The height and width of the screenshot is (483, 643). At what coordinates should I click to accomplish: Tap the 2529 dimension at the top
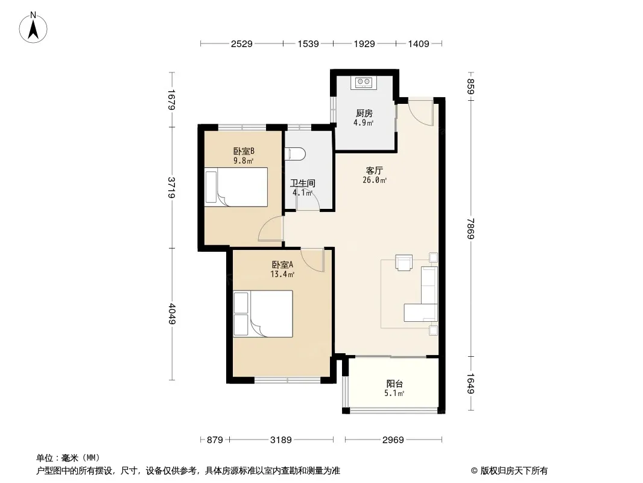[241, 44]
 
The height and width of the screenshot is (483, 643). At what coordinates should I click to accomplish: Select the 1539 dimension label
[308, 44]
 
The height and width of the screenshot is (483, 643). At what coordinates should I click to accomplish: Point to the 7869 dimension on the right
[470, 229]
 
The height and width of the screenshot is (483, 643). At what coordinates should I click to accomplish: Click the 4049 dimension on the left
[172, 314]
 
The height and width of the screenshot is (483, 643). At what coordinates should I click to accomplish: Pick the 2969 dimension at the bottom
[393, 440]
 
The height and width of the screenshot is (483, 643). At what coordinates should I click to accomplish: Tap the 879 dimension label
[215, 440]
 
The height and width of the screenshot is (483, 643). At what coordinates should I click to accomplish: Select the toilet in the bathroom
[295, 154]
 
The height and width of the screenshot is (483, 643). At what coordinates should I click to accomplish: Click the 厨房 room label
[364, 114]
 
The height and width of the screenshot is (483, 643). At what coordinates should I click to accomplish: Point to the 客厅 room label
[374, 170]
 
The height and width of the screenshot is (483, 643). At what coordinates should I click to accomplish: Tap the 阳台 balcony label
[394, 384]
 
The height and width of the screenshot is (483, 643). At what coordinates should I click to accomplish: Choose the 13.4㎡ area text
[282, 274]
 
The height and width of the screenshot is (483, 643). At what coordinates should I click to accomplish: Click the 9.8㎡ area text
[244, 161]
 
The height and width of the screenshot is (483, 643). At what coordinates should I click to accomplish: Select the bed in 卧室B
[236, 187]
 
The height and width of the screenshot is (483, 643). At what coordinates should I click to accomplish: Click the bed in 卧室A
[263, 314]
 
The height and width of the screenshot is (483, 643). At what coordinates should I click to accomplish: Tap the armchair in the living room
[404, 262]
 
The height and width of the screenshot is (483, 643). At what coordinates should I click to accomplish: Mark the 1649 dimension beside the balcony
[470, 384]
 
